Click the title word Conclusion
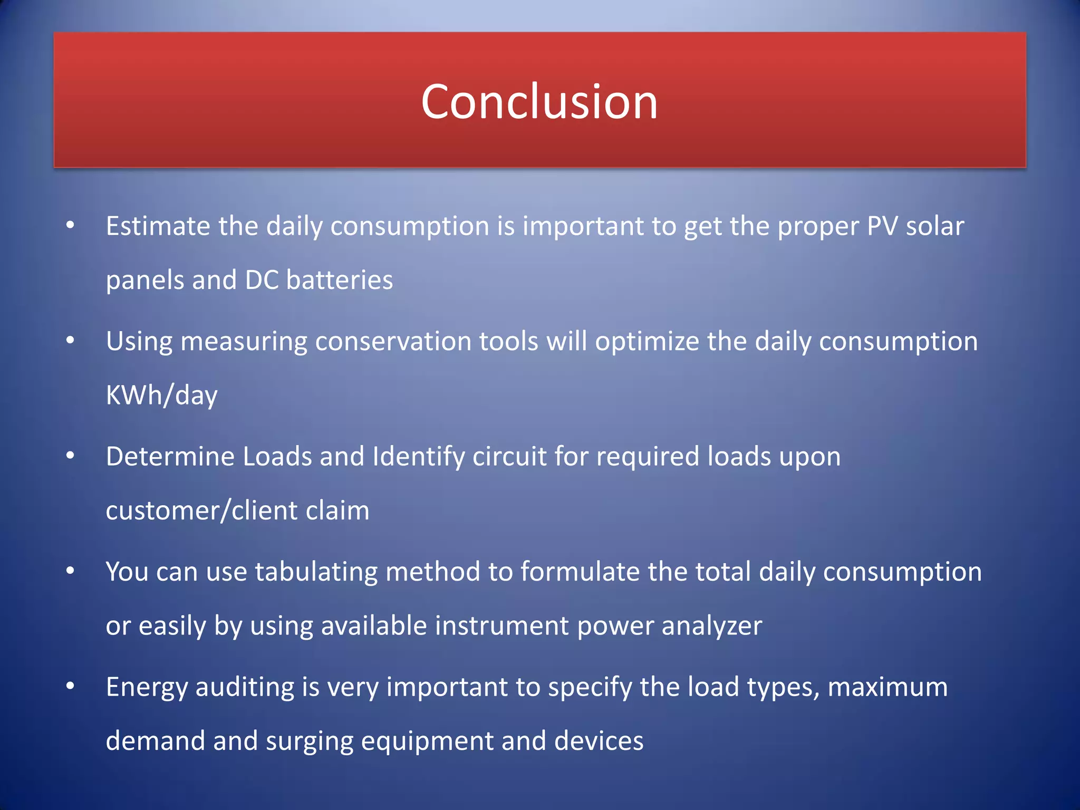(x=539, y=102)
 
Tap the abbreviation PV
(x=882, y=226)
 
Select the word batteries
(x=339, y=280)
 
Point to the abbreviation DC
(x=262, y=280)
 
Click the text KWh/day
(x=161, y=396)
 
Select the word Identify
(x=418, y=456)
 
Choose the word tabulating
(x=316, y=572)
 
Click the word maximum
(x=888, y=687)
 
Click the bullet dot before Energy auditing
(x=70, y=686)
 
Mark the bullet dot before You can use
(x=70, y=571)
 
